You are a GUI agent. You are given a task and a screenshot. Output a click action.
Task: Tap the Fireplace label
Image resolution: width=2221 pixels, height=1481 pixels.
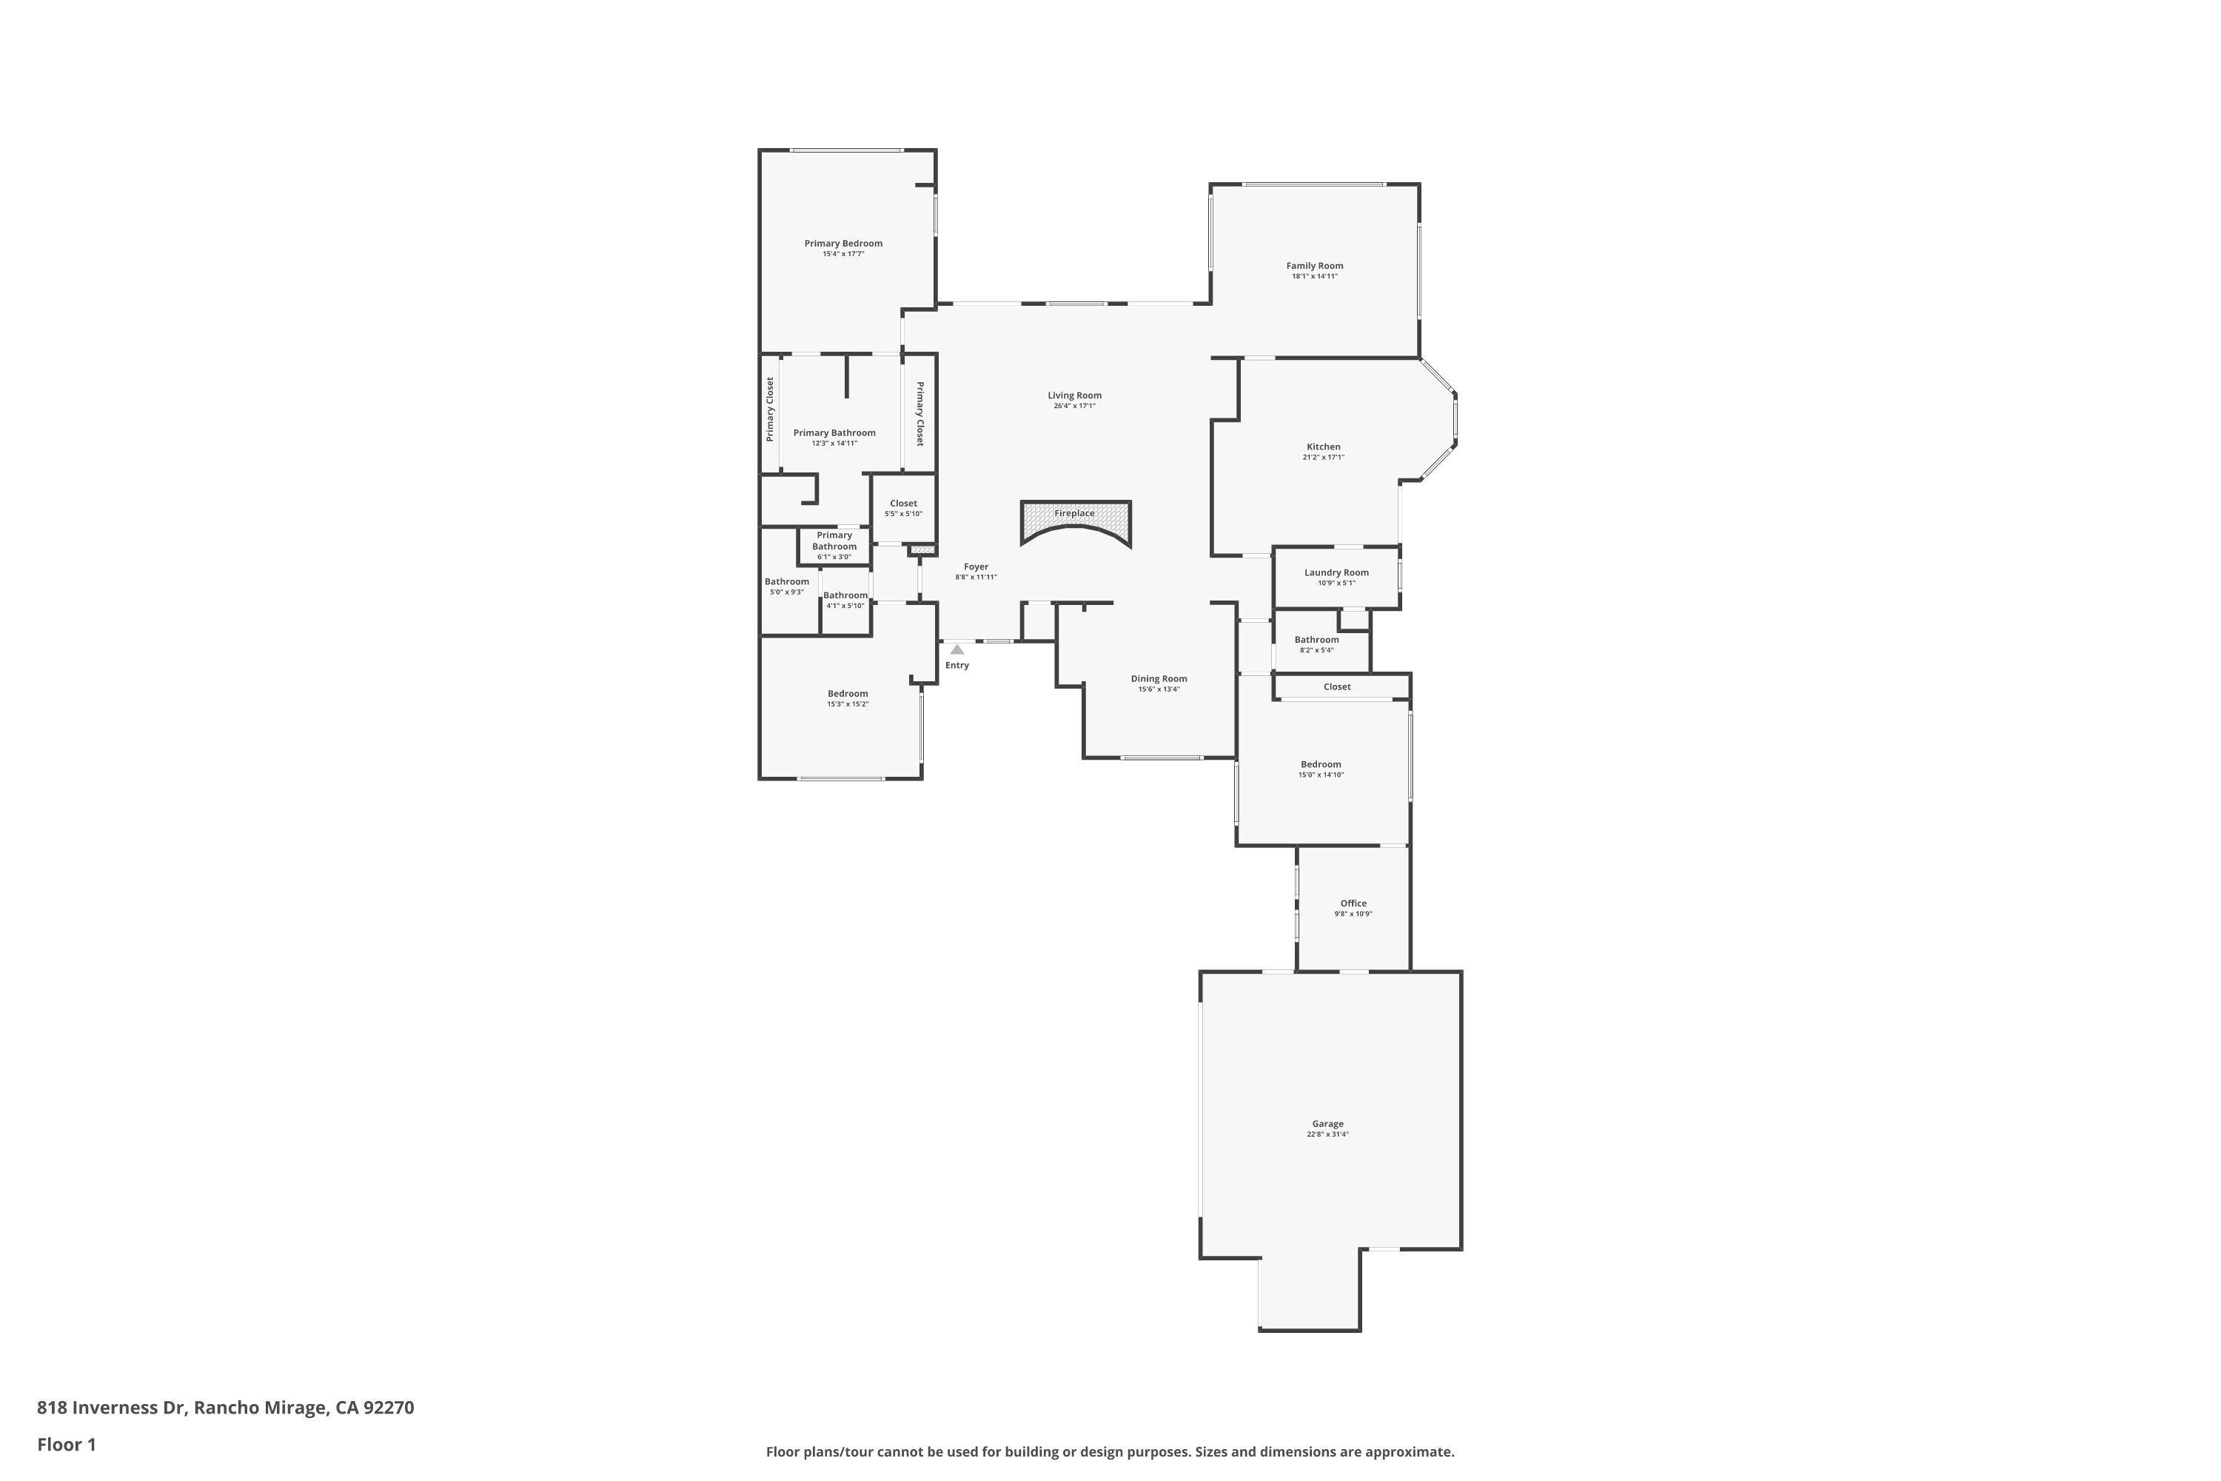tap(1073, 514)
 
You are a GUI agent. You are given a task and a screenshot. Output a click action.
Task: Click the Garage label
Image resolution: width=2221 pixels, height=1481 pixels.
tap(1327, 1124)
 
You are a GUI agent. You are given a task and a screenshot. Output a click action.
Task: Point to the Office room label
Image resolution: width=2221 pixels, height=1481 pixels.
tap(1353, 903)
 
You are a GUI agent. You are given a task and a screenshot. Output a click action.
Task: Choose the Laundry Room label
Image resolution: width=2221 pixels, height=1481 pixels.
tap(1336, 572)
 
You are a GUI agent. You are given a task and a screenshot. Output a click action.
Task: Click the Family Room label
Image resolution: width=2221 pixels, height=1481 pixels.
tap(1313, 265)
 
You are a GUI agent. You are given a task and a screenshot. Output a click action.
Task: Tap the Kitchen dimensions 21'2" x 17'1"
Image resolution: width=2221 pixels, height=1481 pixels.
tap(1323, 457)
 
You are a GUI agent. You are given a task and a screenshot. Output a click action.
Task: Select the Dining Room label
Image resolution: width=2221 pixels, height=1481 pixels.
tap(1159, 678)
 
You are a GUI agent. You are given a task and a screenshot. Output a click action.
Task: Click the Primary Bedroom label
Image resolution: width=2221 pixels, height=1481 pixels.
tap(842, 243)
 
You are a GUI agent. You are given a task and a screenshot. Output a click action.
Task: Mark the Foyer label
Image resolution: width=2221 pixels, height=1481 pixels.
tap(976, 566)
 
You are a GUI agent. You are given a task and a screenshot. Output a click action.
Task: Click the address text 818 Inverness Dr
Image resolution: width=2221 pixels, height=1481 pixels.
tap(113, 1408)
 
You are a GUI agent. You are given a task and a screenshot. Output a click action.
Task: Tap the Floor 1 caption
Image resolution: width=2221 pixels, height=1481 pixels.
tap(66, 1444)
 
